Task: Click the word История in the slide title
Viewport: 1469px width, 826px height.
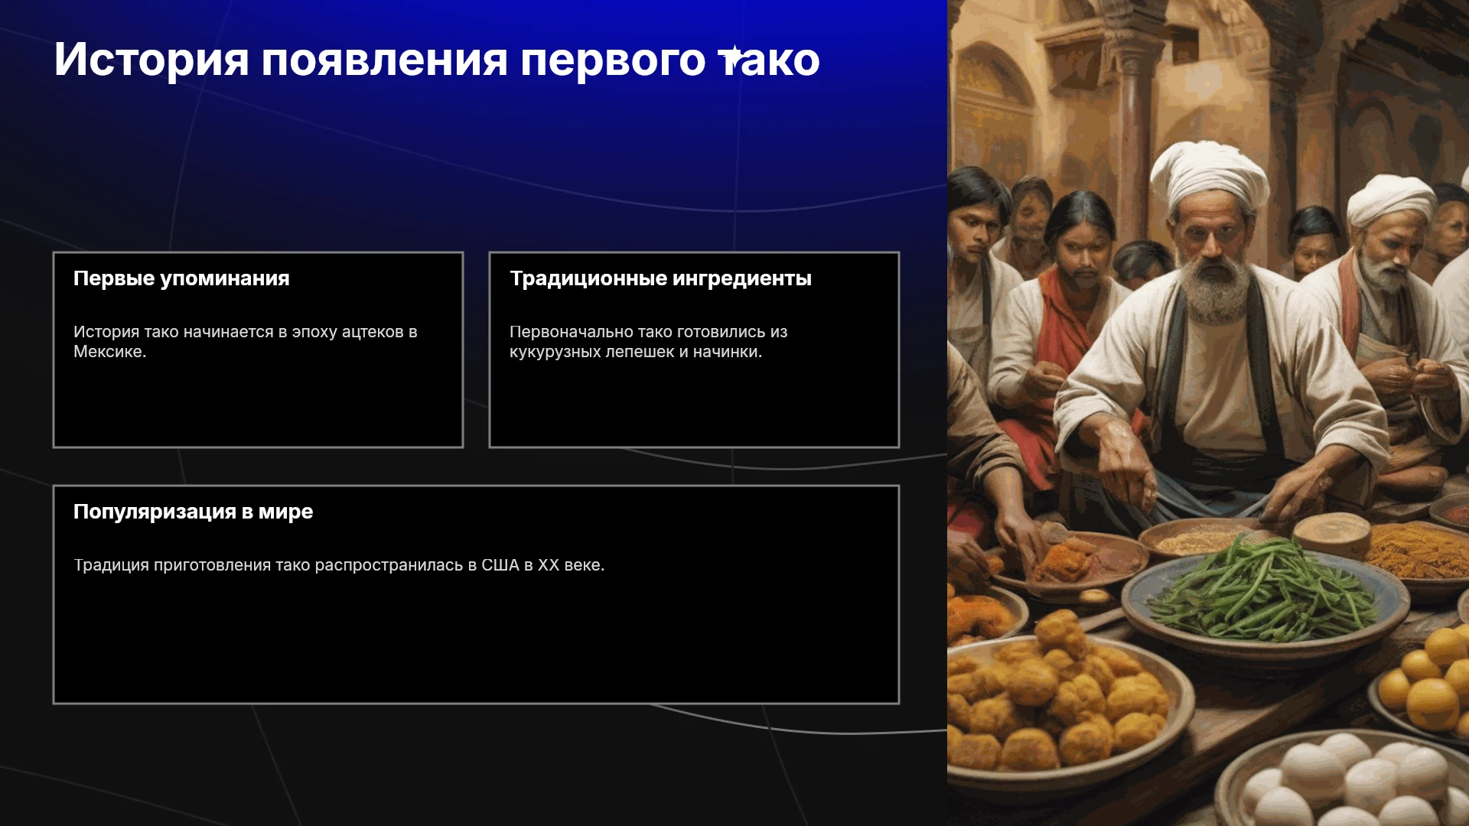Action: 151,60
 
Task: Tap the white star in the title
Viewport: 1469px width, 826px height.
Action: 732,57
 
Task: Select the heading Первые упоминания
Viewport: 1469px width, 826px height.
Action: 181,278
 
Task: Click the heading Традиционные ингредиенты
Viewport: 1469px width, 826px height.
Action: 660,278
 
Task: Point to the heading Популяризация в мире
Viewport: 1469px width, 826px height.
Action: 193,512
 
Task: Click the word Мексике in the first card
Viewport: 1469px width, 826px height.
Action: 107,352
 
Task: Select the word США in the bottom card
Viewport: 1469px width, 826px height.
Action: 500,565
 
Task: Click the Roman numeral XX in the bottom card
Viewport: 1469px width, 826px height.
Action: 549,565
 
